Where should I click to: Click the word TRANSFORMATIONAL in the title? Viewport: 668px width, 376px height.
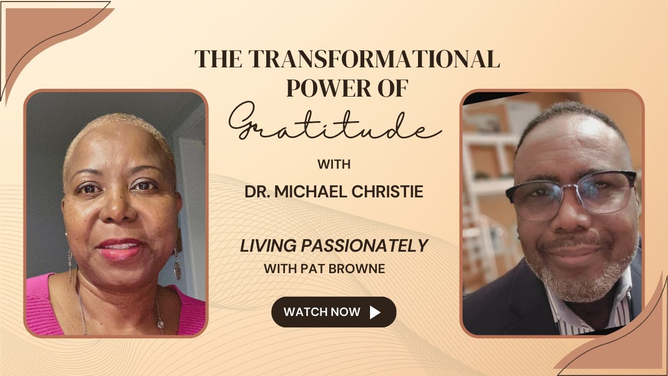tap(374, 60)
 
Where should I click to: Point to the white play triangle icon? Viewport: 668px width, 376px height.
tap(375, 312)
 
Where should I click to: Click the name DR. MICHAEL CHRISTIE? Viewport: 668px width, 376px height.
tap(333, 192)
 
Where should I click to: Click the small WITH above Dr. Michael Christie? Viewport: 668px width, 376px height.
tap(333, 164)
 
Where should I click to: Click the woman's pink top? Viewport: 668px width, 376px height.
tap(47, 308)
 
